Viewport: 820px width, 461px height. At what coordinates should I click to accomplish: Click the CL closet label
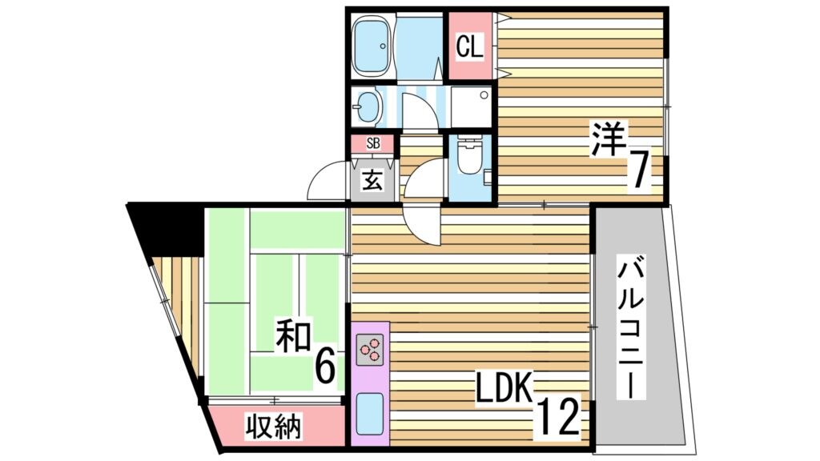click(470, 47)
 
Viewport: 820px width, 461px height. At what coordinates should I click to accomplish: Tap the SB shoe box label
click(372, 144)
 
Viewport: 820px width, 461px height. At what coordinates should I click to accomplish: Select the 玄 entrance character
click(372, 180)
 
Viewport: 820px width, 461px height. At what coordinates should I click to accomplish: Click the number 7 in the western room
click(637, 170)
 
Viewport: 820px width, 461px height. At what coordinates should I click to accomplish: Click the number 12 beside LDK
click(557, 415)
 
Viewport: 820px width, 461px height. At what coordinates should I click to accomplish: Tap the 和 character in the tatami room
click(293, 338)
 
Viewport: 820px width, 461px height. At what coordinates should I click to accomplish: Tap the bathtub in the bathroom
click(372, 46)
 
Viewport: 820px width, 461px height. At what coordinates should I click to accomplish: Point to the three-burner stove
click(370, 349)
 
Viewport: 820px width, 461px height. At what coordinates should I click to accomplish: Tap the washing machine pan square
click(470, 107)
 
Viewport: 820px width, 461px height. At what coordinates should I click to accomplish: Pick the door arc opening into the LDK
click(422, 224)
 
